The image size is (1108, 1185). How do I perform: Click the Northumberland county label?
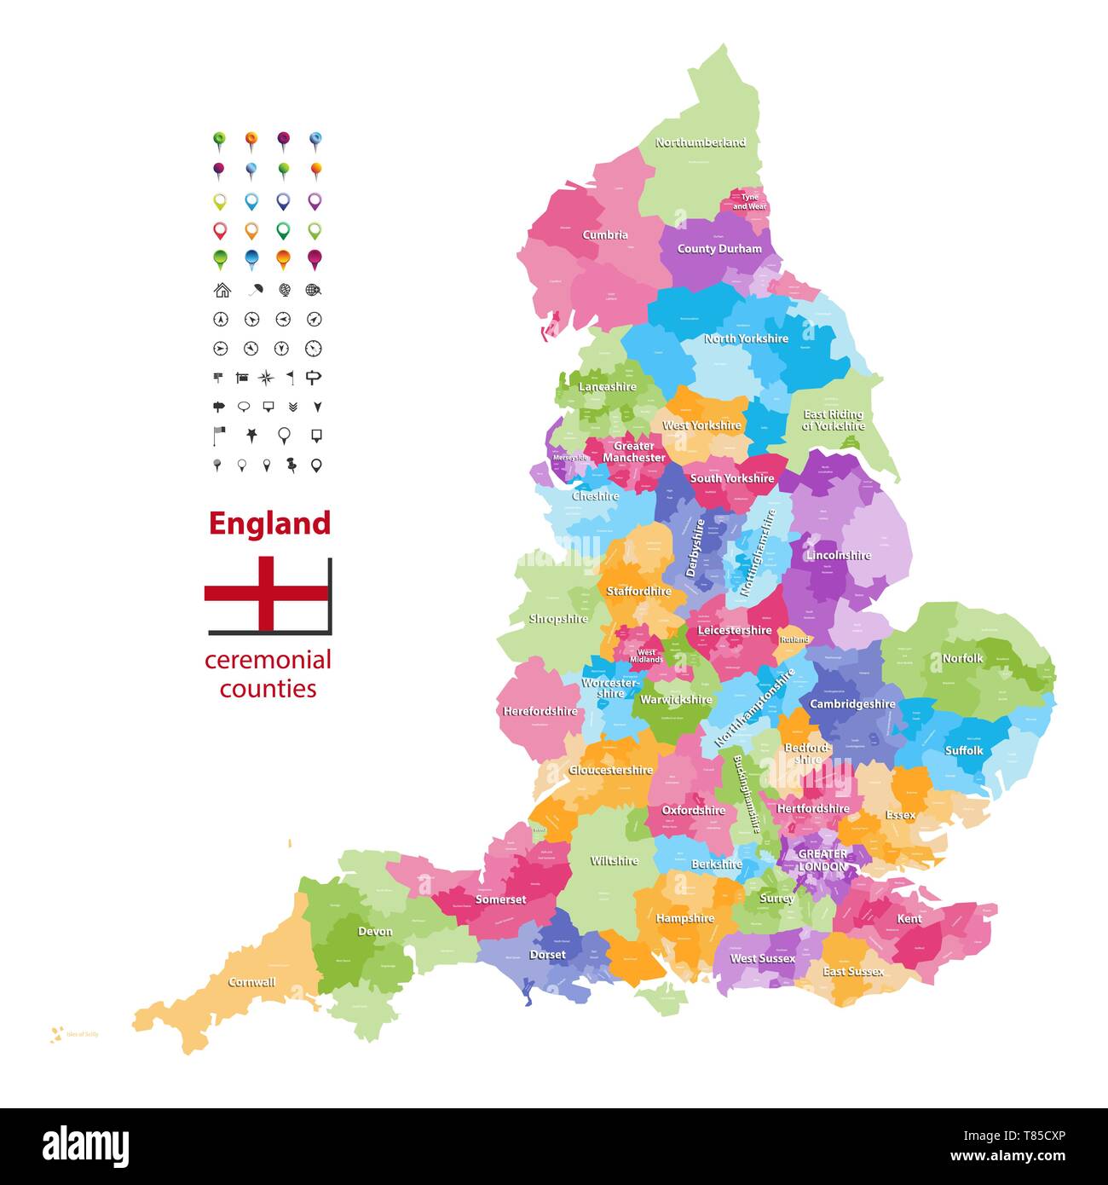coord(700,142)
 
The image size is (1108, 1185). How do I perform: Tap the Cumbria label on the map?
coord(605,234)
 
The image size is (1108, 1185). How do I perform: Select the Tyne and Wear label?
coord(749,202)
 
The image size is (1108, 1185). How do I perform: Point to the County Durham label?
coord(719,249)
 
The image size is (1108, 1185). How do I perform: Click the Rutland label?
coord(794,639)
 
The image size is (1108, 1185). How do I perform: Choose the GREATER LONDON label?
coord(822,860)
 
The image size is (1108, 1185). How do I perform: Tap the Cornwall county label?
coord(251,982)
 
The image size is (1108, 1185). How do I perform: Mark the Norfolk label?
coord(962,658)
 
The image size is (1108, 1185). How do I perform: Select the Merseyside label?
coord(570,458)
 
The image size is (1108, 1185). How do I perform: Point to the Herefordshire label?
coord(540,711)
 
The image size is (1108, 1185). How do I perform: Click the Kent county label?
coord(909,919)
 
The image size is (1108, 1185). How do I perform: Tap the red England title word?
coord(269,523)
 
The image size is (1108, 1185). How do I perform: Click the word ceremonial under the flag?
coord(268,660)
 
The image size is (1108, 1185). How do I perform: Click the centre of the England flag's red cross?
coord(268,593)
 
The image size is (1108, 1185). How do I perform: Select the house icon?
coord(222,290)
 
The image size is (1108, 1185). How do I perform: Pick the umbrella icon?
coord(254,290)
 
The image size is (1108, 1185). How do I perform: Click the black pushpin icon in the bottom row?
coord(291,465)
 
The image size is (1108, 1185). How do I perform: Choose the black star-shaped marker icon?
coord(251,435)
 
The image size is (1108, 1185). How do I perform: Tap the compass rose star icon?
coord(266,377)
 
